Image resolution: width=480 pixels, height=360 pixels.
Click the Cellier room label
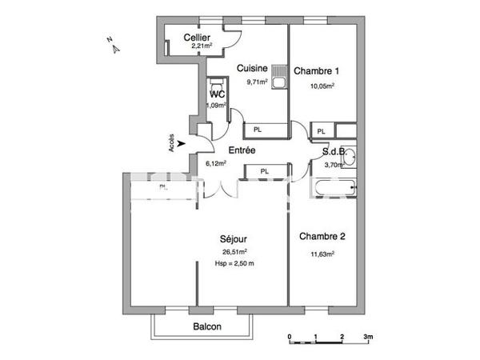[x=197, y=38]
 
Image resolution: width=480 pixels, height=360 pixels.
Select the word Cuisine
[x=252, y=69]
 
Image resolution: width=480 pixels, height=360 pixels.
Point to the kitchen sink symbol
[x=278, y=78]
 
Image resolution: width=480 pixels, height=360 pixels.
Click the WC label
[x=217, y=94]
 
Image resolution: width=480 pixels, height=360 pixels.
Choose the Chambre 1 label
[x=314, y=71]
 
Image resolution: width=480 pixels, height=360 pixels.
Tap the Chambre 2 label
[x=322, y=236]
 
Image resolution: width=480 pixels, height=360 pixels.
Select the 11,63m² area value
[x=322, y=254]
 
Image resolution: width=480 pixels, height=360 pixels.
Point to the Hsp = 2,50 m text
[x=234, y=263]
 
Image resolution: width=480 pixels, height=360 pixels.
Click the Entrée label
[x=242, y=150]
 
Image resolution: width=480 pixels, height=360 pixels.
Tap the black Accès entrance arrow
[x=183, y=144]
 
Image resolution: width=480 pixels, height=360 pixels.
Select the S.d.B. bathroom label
[x=333, y=150]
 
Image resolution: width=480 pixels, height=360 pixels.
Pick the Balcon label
[x=207, y=326]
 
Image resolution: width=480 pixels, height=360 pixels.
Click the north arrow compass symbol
[x=114, y=46]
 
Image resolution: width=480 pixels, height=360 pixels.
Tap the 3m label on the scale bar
[x=367, y=337]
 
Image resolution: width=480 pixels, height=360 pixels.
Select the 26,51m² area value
[x=234, y=252]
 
